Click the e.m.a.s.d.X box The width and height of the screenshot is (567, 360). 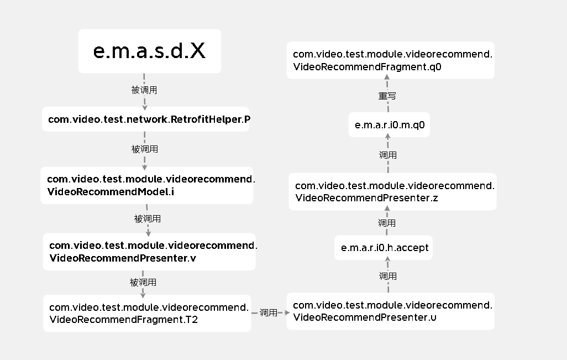tap(150, 51)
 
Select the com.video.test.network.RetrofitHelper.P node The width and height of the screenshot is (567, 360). tap(146, 119)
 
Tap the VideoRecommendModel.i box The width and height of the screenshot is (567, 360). tap(147, 185)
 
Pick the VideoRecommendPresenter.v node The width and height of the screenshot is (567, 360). tap(149, 252)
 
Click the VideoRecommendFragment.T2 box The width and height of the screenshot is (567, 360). tap(147, 314)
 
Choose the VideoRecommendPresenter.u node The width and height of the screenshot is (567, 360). tap(391, 311)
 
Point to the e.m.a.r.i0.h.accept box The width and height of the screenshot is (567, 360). tap(384, 248)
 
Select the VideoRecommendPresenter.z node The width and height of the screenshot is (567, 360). tap(392, 192)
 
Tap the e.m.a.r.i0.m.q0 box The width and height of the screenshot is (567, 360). tap(389, 125)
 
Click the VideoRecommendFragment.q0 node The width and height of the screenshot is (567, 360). tap(391, 60)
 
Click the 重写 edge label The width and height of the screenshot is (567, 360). tap(387, 96)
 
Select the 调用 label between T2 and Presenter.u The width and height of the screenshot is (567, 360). tap(269, 312)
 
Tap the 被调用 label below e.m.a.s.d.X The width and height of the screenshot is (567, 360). tap(144, 90)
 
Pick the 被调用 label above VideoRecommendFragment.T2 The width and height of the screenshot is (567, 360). tap(143, 282)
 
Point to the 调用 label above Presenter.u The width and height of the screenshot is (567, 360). tap(387, 276)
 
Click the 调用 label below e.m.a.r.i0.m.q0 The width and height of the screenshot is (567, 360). tap(387, 155)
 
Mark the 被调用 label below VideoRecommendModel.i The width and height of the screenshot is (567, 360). tap(147, 218)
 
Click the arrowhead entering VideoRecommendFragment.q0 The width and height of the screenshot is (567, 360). tap(387, 77)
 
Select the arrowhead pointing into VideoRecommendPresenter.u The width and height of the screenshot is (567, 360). tap(287, 312)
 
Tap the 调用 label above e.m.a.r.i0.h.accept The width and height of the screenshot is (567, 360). tap(386, 223)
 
